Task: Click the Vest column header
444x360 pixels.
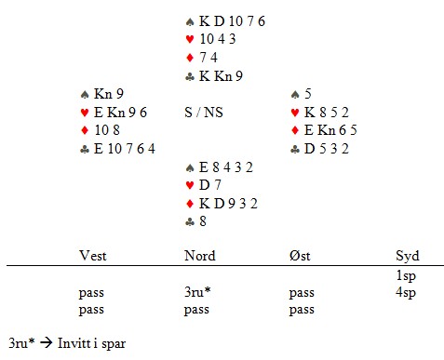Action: click(93, 256)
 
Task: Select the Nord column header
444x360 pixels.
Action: click(200, 256)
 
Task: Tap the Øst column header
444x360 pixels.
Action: click(300, 256)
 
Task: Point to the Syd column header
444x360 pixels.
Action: click(408, 257)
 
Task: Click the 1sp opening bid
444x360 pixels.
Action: click(406, 275)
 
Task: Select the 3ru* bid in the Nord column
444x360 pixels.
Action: click(197, 292)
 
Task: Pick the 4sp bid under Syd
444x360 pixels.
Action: click(406, 293)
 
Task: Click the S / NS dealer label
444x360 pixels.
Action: click(204, 113)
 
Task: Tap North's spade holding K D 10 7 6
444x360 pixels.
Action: click(232, 21)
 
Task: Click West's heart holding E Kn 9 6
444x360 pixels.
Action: click(120, 113)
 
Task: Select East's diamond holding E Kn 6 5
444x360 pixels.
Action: click(330, 130)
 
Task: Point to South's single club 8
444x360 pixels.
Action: click(203, 221)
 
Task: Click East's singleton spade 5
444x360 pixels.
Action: click(308, 94)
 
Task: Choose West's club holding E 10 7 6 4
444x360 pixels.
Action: click(125, 149)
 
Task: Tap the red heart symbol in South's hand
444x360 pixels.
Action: click(190, 185)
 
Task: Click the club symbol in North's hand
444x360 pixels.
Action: click(190, 76)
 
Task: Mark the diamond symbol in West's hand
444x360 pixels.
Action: click(85, 130)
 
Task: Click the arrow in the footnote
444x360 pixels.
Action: click(47, 342)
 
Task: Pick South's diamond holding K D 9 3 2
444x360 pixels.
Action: click(228, 204)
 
